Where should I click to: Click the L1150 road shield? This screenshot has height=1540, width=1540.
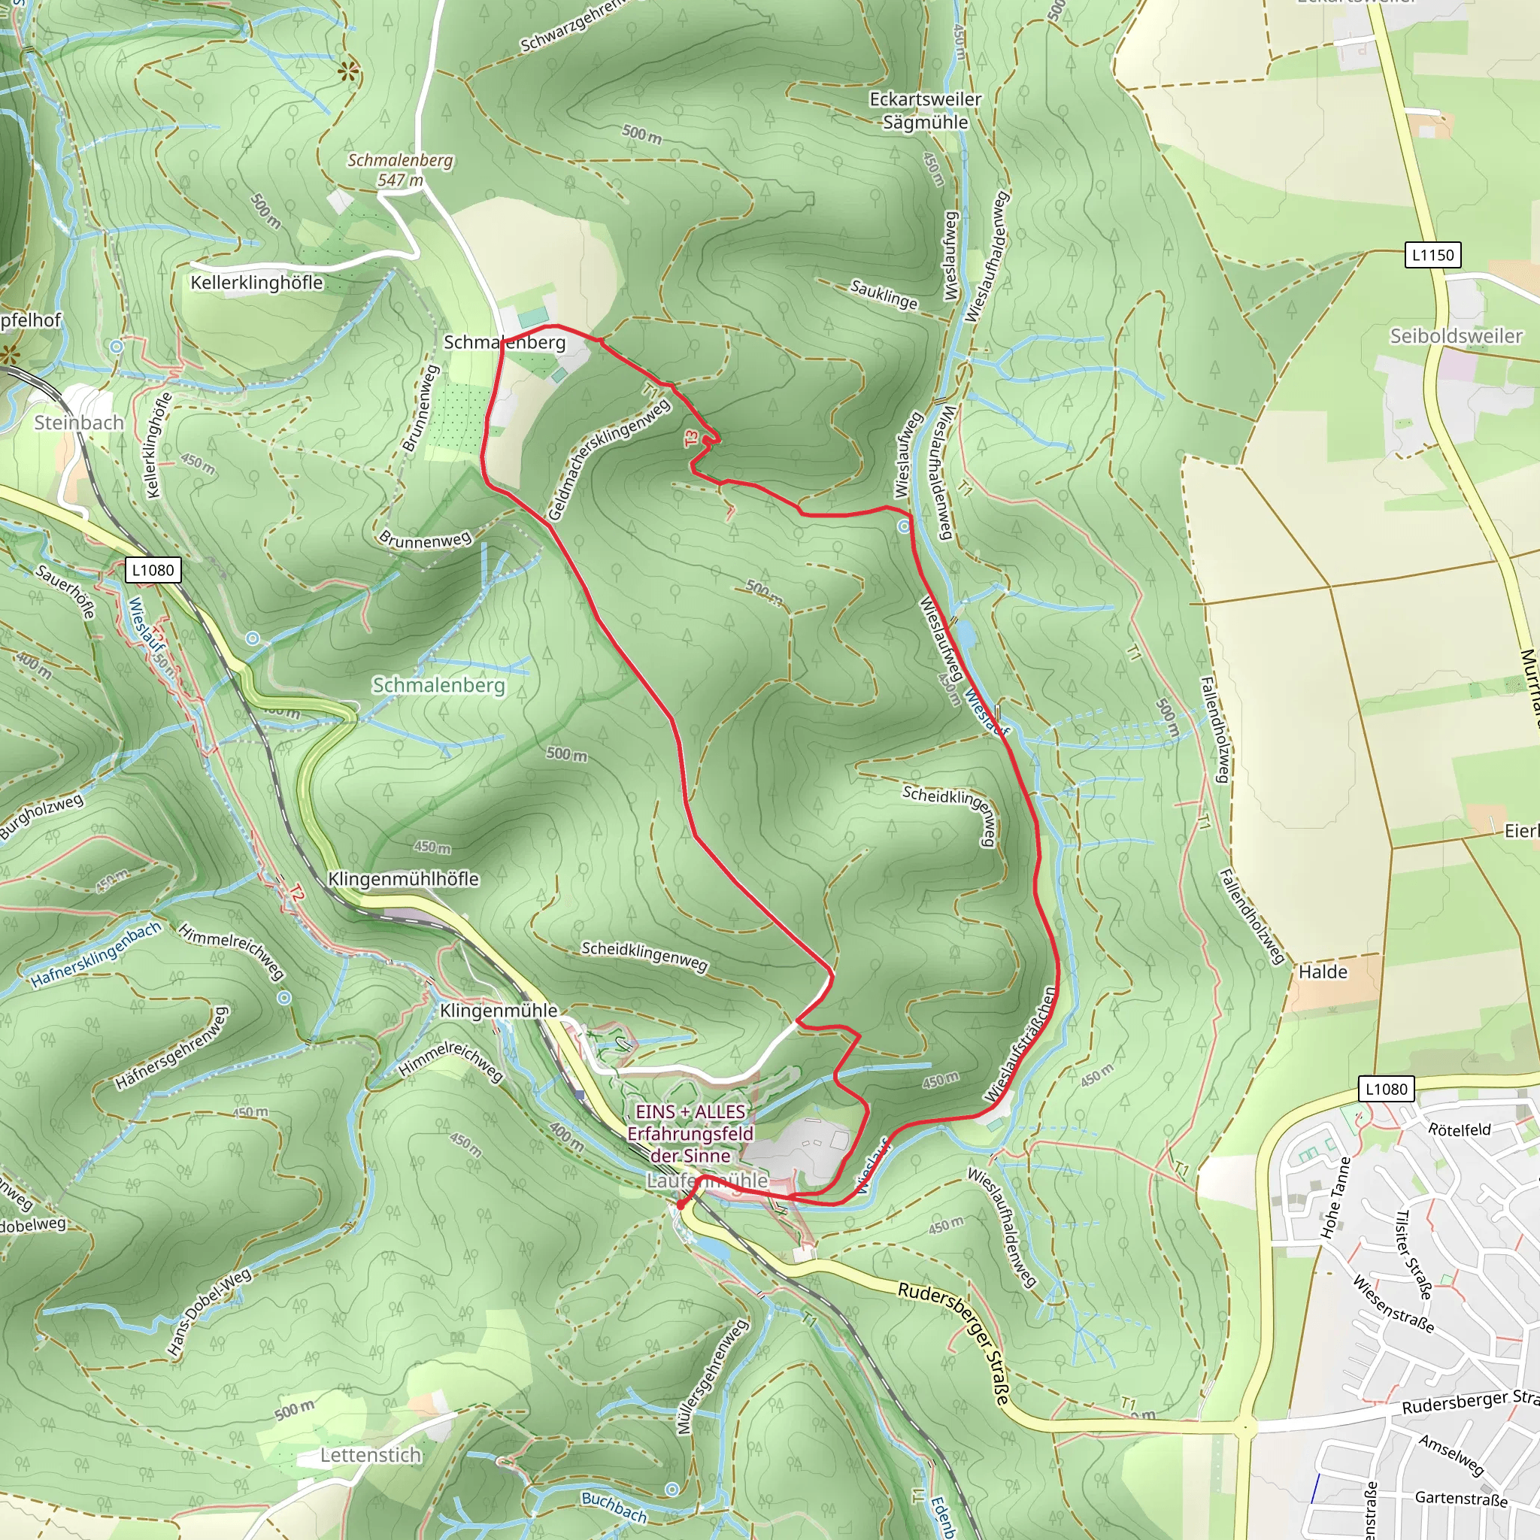(x=1432, y=255)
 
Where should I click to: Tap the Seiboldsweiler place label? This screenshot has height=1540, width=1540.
(x=1456, y=335)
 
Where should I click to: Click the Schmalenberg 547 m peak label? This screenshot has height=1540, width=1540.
(x=400, y=170)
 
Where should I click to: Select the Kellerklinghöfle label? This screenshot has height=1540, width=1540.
(x=256, y=283)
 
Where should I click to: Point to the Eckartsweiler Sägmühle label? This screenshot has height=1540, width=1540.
(x=925, y=111)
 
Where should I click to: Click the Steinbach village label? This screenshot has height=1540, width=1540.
(x=79, y=423)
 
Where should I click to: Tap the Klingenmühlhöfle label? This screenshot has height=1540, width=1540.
(x=403, y=878)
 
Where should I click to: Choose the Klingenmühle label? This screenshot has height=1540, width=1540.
(x=499, y=1010)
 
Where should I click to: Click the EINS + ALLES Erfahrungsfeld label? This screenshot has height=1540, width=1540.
(x=690, y=1132)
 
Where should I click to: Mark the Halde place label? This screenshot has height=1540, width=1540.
(x=1323, y=972)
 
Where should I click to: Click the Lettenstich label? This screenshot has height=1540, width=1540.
(x=371, y=1455)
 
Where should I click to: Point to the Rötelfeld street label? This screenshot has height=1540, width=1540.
(x=1459, y=1129)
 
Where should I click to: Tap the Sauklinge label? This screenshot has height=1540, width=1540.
(x=884, y=294)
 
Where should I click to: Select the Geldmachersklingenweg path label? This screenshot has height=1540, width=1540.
(x=609, y=460)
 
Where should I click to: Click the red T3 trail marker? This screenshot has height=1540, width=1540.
(x=691, y=438)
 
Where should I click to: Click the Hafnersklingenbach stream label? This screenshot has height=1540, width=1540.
(x=95, y=955)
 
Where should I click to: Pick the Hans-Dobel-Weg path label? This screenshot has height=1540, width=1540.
(x=209, y=1312)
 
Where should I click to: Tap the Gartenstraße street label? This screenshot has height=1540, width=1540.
(x=1460, y=1499)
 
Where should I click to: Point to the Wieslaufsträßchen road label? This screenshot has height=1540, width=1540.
(x=1020, y=1045)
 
